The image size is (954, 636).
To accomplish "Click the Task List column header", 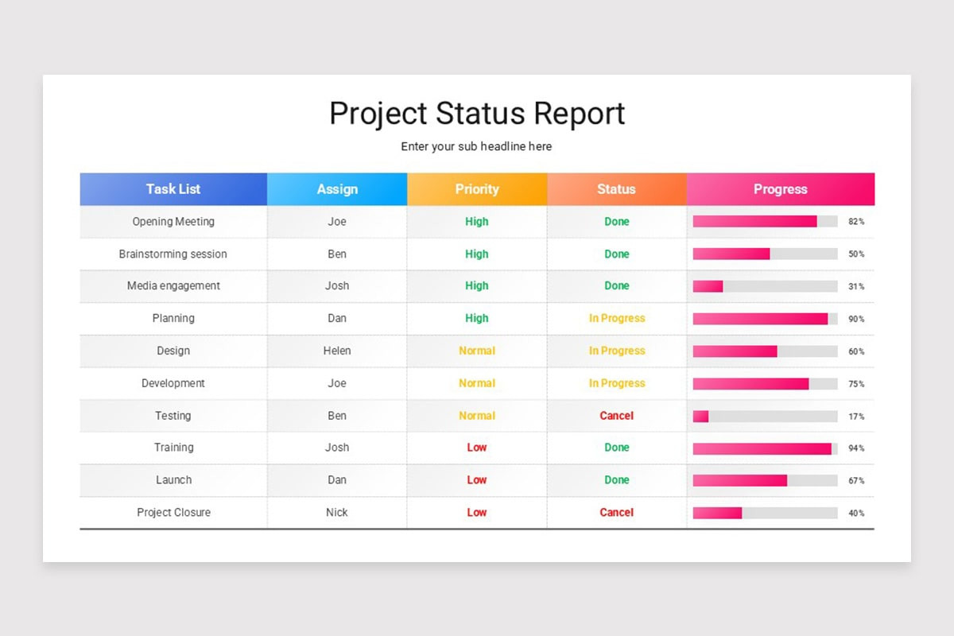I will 173,189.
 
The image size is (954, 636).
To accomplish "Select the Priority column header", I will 477,189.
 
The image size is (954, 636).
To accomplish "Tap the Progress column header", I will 780,189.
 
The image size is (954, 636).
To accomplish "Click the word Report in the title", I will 579,114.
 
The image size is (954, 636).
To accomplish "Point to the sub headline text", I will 476,146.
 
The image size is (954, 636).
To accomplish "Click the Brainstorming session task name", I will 173,254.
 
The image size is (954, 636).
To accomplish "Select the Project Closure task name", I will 173,513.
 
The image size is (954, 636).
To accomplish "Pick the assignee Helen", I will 337,351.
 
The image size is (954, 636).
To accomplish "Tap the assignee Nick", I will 337,513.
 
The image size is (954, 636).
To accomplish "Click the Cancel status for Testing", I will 617,416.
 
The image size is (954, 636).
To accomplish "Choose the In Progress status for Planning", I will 617,318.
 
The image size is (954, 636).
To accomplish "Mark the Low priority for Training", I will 477,448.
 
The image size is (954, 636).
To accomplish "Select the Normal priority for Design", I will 477,351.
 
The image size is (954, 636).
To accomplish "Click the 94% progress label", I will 856,448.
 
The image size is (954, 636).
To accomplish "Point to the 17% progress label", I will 856,417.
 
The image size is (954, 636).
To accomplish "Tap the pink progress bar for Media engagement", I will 708,286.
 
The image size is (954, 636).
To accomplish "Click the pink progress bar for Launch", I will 739,480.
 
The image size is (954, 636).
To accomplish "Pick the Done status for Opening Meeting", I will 617,222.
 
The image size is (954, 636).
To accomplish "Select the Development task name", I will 173,383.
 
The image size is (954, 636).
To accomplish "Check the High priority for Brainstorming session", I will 477,254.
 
